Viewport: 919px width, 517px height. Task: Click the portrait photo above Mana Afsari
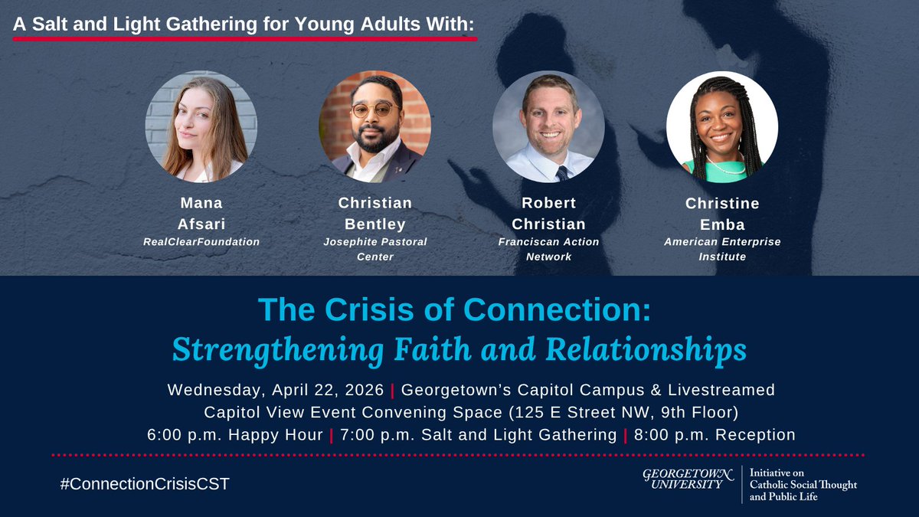tap(201, 127)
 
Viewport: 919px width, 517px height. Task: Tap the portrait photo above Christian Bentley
tap(375, 127)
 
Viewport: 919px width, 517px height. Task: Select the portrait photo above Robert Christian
tap(548, 127)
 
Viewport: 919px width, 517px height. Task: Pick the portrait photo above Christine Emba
tap(721, 127)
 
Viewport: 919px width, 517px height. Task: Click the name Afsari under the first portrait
tap(201, 223)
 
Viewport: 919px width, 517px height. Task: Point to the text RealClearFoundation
tap(201, 242)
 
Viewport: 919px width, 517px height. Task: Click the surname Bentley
tap(375, 223)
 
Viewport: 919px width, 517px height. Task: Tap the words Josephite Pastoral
tap(375, 242)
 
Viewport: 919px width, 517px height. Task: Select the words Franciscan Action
tap(549, 242)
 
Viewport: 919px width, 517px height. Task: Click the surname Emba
tap(722, 223)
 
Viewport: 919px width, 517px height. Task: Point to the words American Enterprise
tap(722, 242)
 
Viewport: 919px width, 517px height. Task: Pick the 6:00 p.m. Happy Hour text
tap(235, 435)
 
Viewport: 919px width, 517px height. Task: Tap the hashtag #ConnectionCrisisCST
tap(145, 484)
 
